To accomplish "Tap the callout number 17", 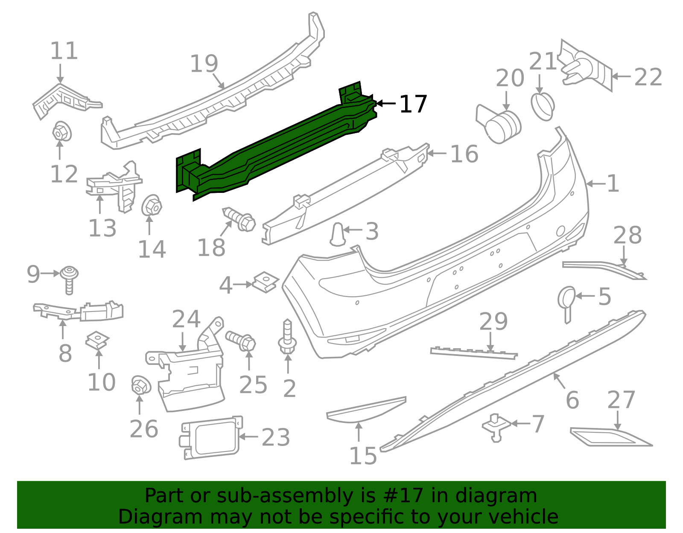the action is pos(413,104).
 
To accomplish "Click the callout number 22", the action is pos(648,77).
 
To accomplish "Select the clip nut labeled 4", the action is pos(265,283).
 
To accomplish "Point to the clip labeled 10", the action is pos(97,340).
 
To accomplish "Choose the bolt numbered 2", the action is pos(287,337).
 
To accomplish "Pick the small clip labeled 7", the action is pos(496,427).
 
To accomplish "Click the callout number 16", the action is pos(464,154).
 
